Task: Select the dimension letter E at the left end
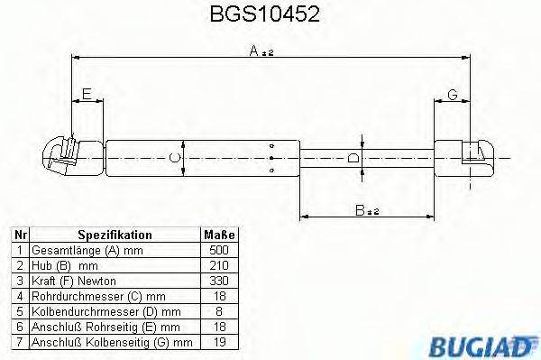point(87,93)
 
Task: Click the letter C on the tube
point(176,159)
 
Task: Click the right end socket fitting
point(474,157)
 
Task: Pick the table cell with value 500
point(219,249)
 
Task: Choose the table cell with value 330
point(219,280)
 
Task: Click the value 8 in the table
point(219,310)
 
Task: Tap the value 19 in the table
point(219,342)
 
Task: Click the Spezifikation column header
point(114,234)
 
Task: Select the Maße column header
point(219,234)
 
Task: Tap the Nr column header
point(18,234)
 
